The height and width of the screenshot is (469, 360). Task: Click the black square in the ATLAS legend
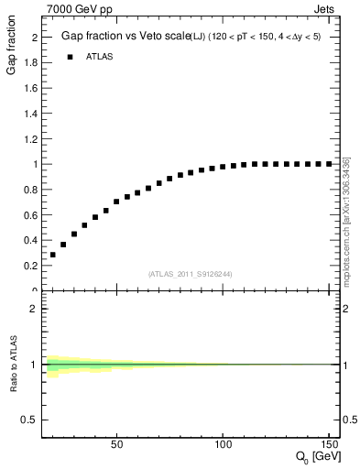click(x=71, y=57)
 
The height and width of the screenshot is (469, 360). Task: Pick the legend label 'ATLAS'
click(x=104, y=57)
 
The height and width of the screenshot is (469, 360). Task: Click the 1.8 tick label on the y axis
click(x=29, y=63)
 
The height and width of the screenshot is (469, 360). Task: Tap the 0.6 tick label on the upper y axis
click(x=29, y=214)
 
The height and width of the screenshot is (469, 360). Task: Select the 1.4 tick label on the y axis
click(x=29, y=114)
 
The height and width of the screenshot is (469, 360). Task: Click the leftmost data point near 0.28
click(x=53, y=255)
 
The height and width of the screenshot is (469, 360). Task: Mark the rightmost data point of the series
click(x=330, y=164)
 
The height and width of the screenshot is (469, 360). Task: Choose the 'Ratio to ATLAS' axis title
click(x=14, y=365)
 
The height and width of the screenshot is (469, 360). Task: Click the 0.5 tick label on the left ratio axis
click(x=29, y=420)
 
